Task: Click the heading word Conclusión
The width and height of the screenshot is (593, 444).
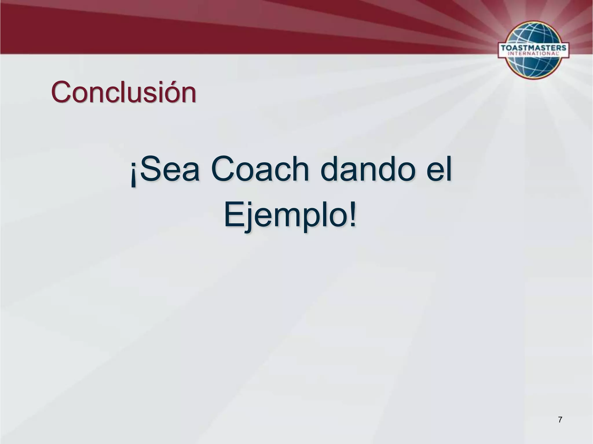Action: click(124, 92)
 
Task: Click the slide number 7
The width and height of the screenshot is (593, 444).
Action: click(560, 419)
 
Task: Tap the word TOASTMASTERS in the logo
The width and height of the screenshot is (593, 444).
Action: click(533, 48)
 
